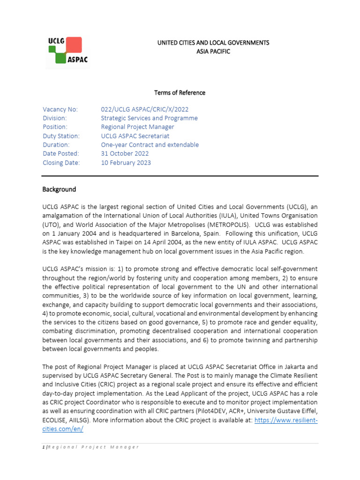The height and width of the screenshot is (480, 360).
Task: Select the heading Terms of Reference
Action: [180, 92]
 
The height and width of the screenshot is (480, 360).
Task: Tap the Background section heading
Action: [59, 189]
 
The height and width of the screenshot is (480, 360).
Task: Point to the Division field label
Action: [55, 118]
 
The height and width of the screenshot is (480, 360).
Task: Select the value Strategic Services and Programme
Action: [149, 118]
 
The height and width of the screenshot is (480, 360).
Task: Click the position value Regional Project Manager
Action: [137, 127]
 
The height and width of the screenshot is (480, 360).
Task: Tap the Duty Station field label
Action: [61, 136]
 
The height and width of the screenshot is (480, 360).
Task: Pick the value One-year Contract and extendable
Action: [150, 145]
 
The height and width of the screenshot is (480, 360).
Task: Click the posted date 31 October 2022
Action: [125, 154]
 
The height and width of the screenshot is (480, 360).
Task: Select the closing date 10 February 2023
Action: [126, 163]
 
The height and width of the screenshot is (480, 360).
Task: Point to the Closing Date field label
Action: [61, 163]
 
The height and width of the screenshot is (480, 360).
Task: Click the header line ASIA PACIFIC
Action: [213, 52]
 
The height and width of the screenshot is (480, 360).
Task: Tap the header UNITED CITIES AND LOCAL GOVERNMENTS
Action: [213, 43]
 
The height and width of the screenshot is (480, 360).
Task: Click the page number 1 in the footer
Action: [43, 447]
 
